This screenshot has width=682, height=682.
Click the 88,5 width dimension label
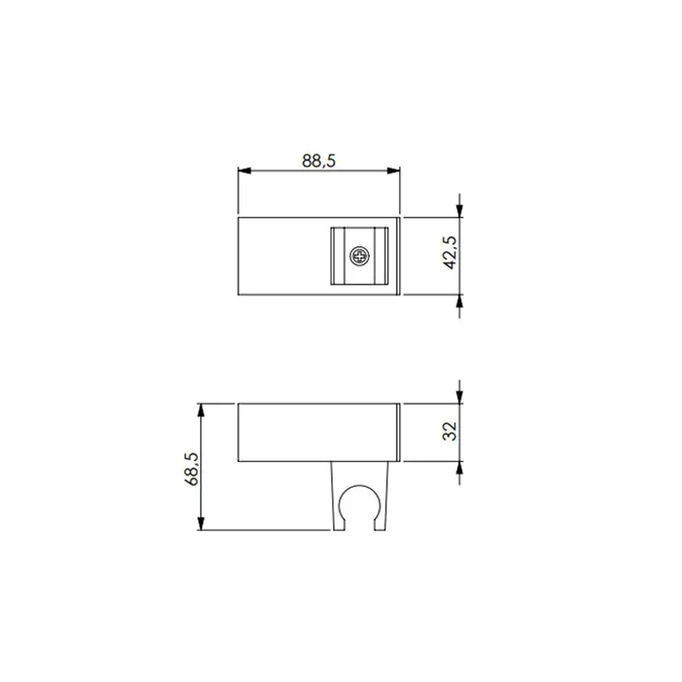pos(319,161)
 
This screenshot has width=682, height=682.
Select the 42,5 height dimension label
pos(451,252)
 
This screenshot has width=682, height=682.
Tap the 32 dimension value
pos(450,431)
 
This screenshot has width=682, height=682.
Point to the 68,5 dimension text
pos(191,469)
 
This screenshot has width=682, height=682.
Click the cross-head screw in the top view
pos(360,257)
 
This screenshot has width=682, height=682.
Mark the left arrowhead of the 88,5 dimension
pos(245,171)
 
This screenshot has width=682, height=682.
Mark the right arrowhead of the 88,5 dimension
pos(393,171)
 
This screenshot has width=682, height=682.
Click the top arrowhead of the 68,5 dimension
pos(200,410)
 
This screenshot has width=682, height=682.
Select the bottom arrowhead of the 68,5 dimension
pos(200,523)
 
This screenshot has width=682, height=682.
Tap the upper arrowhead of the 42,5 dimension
pos(459,211)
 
